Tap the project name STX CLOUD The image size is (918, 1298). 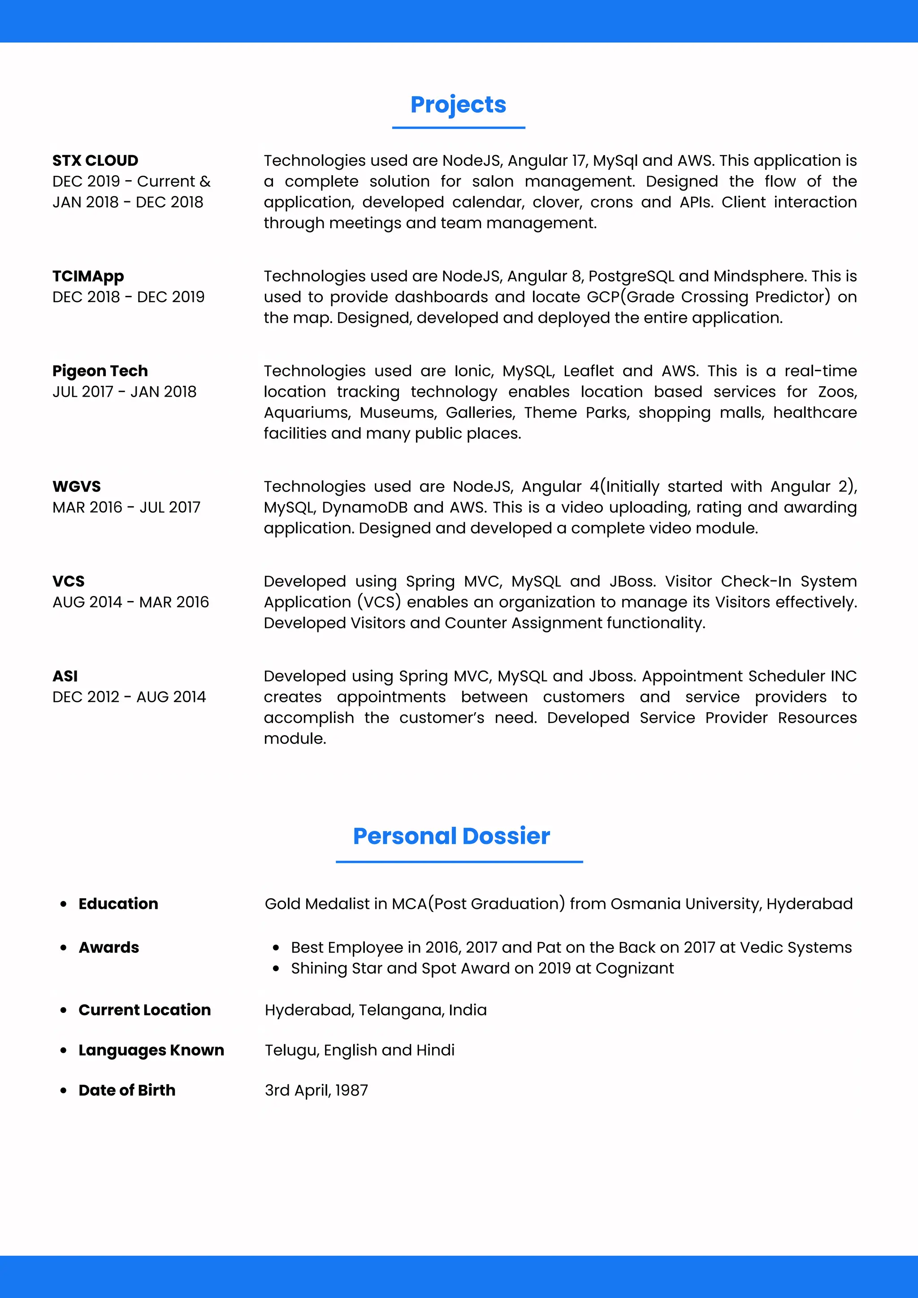(95, 160)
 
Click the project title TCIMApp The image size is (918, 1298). (88, 277)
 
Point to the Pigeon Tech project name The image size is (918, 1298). (100, 371)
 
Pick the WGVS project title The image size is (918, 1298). (76, 486)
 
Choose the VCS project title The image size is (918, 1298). (69, 581)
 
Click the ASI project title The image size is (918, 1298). (65, 676)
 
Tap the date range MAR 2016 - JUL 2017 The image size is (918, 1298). (126, 507)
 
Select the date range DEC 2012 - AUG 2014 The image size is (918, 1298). (129, 697)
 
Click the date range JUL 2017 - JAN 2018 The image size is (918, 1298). (124, 392)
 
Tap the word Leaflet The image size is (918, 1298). (588, 371)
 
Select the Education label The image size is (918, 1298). (118, 904)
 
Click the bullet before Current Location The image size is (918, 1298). (63, 1010)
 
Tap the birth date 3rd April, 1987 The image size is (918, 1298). (316, 1090)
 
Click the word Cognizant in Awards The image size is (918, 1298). (634, 969)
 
